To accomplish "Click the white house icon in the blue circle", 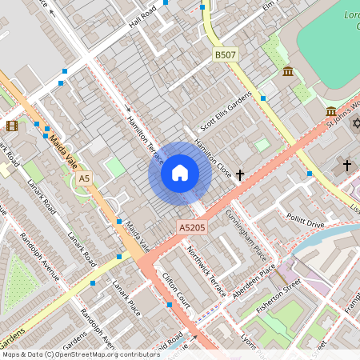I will click(x=180, y=173).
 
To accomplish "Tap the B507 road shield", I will click(x=226, y=54).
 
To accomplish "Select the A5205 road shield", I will click(x=192, y=228).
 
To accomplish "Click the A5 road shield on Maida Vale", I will click(x=84, y=178).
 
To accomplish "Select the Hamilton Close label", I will click(x=214, y=156).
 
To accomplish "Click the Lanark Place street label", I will click(x=126, y=297).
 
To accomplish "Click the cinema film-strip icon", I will click(x=12, y=126).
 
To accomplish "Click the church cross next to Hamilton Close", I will click(x=238, y=174).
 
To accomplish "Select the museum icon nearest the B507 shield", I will click(x=287, y=72).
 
